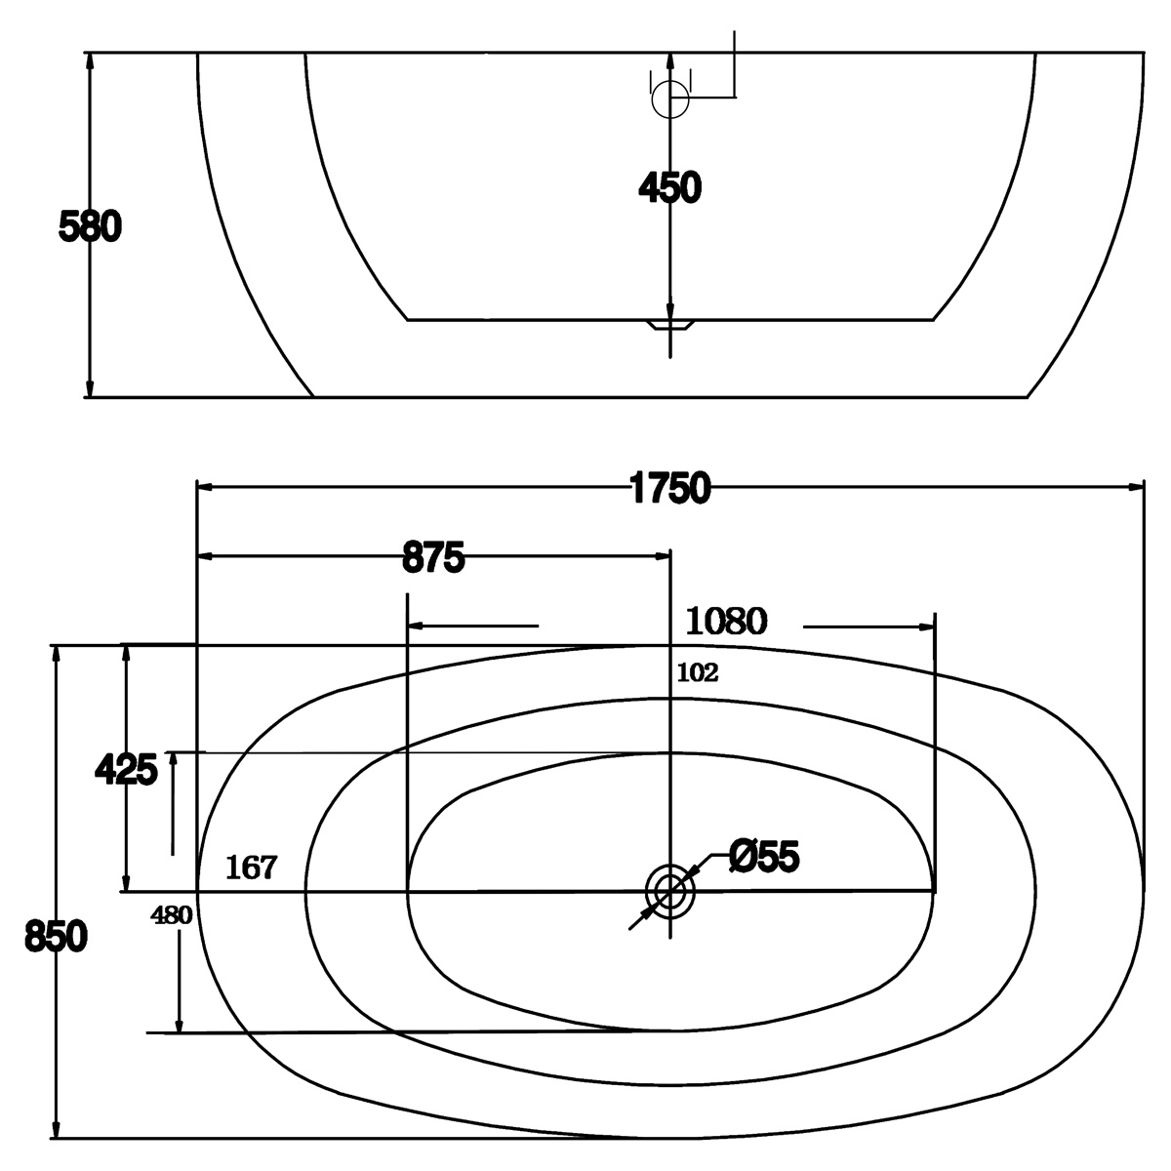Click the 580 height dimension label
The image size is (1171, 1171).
90,226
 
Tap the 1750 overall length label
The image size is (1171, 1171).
669,488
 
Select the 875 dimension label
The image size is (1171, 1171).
433,557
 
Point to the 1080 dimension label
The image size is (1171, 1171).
726,621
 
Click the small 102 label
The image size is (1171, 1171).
698,672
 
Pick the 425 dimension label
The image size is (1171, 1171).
127,769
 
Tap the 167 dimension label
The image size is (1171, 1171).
251,868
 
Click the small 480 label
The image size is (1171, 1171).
172,914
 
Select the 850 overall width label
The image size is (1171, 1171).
56,937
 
